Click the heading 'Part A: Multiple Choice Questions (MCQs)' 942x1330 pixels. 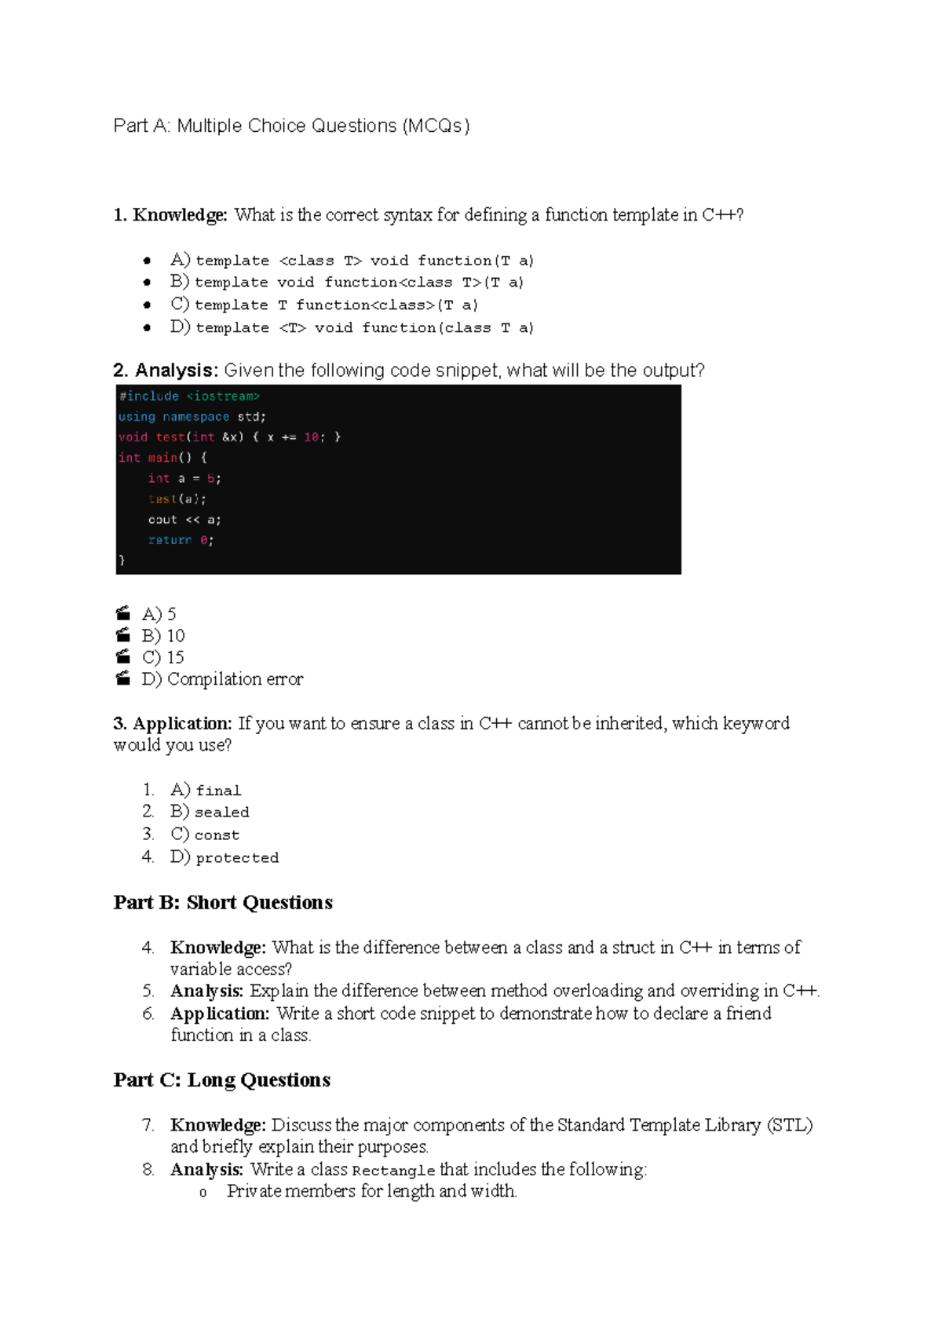pyautogui.click(x=291, y=126)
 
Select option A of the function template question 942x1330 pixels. pyautogui.click(x=352, y=260)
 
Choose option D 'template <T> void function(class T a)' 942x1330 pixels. pyautogui.click(x=352, y=327)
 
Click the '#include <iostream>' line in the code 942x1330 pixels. pyautogui.click(x=189, y=396)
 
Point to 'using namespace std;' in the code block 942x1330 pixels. pyautogui.click(x=192, y=417)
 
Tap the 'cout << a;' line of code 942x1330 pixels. pyautogui.click(x=184, y=520)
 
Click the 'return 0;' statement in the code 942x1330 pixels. pyautogui.click(x=181, y=540)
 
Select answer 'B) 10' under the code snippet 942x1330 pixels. pyautogui.click(x=163, y=636)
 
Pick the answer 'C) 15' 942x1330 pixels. pyautogui.click(x=163, y=657)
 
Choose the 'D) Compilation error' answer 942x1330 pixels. pyautogui.click(x=222, y=679)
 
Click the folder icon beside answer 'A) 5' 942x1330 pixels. pyautogui.click(x=123, y=613)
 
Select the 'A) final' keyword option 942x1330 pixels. pyautogui.click(x=206, y=790)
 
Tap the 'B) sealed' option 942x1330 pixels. pyautogui.click(x=210, y=812)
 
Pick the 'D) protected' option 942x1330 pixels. pyautogui.click(x=225, y=857)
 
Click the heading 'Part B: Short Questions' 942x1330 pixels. pyautogui.click(x=223, y=903)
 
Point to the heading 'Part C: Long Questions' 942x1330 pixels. pyautogui.click(x=222, y=1080)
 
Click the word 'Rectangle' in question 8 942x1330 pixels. pyautogui.click(x=393, y=1171)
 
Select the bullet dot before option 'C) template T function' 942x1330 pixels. pyautogui.click(x=147, y=305)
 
